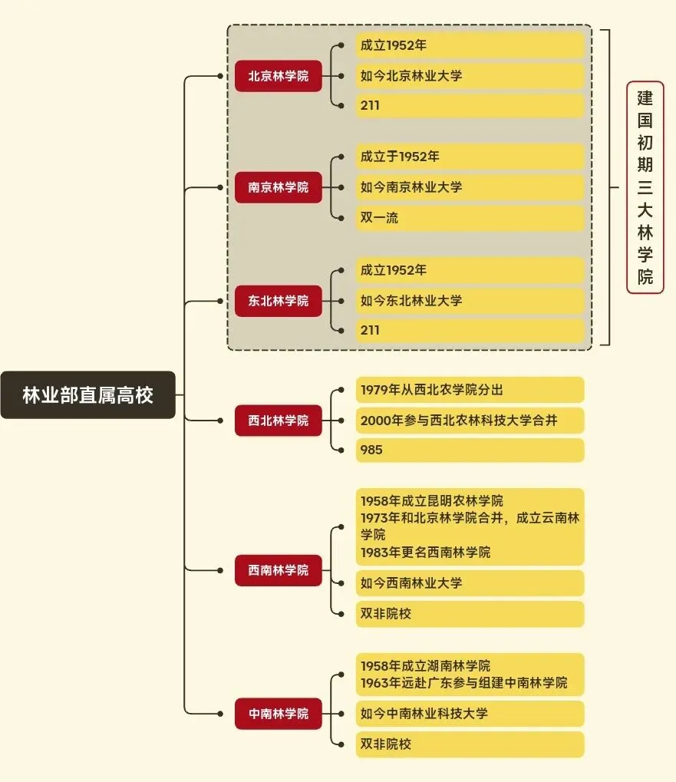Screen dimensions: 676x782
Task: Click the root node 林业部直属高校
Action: click(x=87, y=395)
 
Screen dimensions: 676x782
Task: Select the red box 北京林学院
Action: click(x=278, y=76)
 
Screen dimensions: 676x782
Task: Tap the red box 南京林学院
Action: click(x=278, y=187)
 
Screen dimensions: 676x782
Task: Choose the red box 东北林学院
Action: click(x=278, y=301)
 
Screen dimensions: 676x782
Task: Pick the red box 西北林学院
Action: click(x=278, y=421)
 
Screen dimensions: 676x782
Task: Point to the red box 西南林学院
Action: click(x=278, y=570)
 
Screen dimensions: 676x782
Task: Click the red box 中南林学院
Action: click(x=278, y=714)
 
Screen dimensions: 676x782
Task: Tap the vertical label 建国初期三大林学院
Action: click(x=645, y=187)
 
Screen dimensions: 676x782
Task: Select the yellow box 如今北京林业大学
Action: click(x=470, y=76)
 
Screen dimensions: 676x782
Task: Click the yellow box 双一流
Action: click(x=470, y=218)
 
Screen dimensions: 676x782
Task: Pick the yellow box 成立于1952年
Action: click(x=470, y=157)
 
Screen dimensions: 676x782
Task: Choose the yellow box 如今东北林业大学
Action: click(x=470, y=301)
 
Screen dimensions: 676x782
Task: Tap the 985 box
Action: click(x=470, y=450)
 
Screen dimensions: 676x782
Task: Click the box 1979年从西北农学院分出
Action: click(x=470, y=390)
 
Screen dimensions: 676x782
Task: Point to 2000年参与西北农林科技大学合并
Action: click(x=470, y=421)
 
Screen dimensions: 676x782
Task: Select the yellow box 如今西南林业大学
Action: click(x=470, y=583)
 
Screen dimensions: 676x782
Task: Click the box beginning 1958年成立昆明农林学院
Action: click(x=470, y=526)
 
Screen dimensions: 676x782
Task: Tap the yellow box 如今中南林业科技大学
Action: click(x=470, y=714)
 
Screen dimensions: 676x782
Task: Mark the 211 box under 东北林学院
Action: click(x=470, y=330)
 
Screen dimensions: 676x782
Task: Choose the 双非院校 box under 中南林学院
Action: click(x=470, y=744)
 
